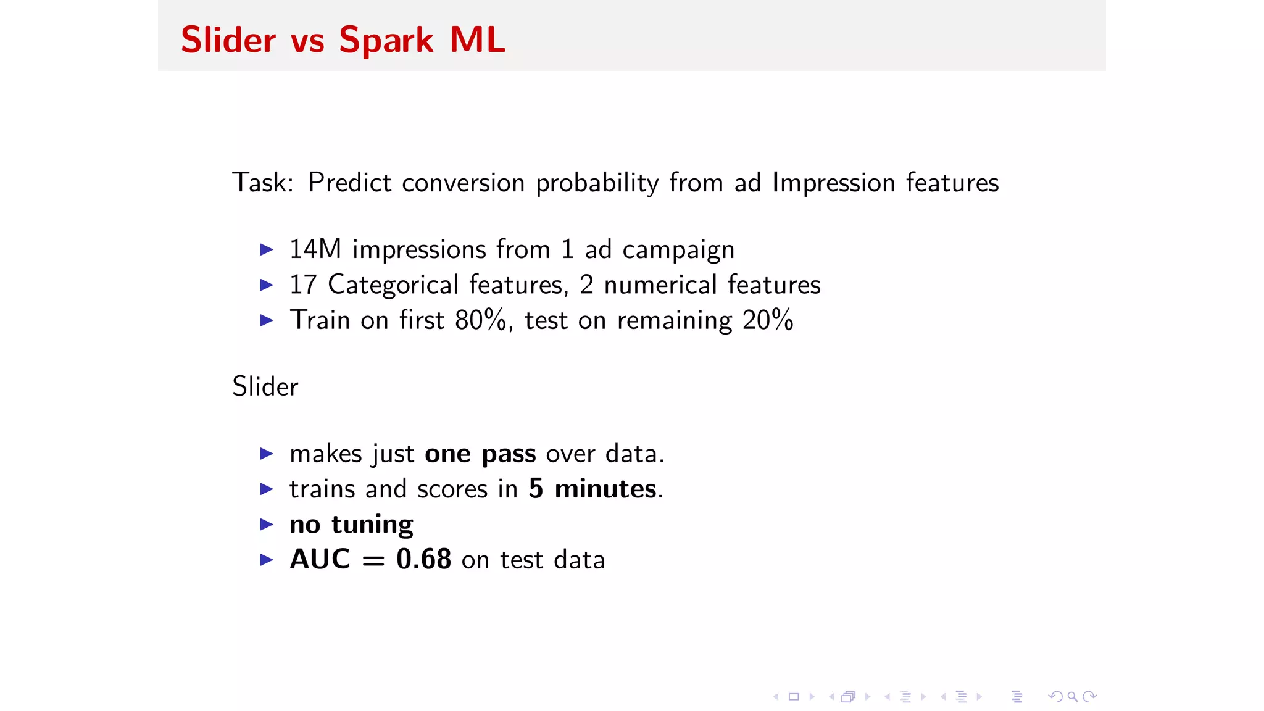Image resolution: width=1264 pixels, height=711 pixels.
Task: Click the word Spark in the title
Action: (386, 41)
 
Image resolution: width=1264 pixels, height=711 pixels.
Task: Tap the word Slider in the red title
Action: (228, 41)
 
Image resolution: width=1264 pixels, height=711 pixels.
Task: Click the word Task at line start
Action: (259, 183)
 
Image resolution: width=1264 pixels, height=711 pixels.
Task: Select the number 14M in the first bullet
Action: (315, 249)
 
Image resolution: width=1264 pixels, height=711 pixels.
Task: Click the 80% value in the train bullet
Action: (480, 320)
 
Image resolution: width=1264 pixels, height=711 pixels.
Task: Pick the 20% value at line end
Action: (767, 320)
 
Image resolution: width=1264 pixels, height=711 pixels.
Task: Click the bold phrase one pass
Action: (480, 454)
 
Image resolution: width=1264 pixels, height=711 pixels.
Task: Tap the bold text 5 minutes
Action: (592, 489)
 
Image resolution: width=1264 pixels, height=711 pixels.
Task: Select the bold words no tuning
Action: (351, 525)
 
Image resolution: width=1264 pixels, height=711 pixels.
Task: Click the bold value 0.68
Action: (423, 560)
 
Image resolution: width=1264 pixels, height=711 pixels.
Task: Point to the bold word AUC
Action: (320, 560)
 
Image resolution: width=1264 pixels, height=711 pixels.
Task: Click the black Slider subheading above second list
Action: (265, 387)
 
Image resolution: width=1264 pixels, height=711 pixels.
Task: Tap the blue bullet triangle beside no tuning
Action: (267, 525)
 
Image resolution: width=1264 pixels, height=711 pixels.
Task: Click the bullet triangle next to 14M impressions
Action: (267, 250)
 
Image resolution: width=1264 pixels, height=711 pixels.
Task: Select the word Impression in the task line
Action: (833, 183)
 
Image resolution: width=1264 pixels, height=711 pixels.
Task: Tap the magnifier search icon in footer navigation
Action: (1073, 697)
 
